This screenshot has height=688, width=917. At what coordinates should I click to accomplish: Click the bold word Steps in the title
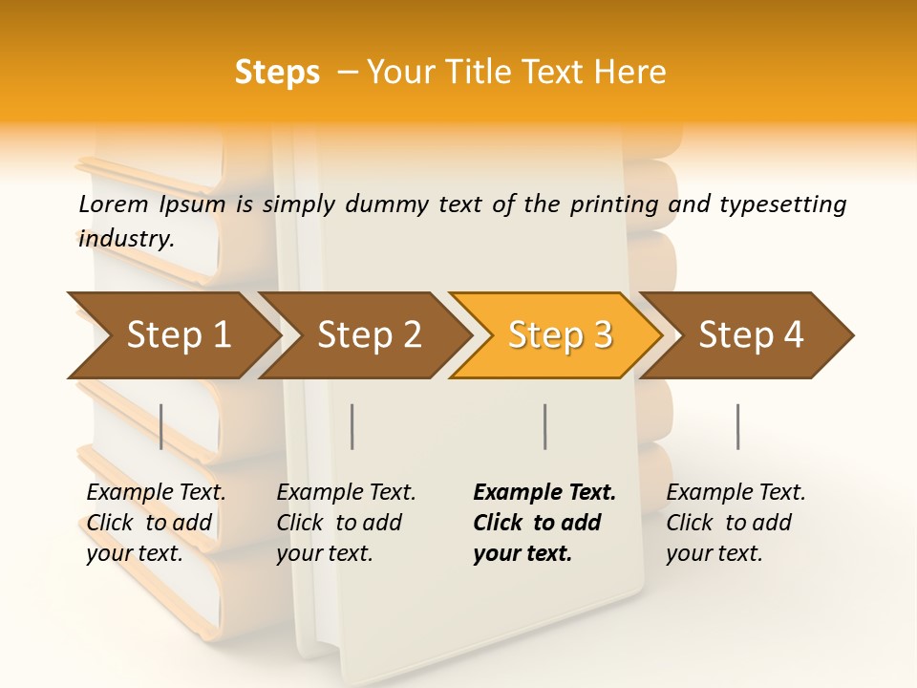(x=277, y=73)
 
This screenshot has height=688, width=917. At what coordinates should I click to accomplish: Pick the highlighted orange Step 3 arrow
(x=560, y=335)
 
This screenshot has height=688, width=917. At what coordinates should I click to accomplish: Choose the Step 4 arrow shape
(x=751, y=335)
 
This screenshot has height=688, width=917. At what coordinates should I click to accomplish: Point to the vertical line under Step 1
(x=161, y=426)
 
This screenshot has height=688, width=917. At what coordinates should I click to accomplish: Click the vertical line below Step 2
(x=352, y=426)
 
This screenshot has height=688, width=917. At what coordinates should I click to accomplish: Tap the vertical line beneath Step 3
(x=544, y=426)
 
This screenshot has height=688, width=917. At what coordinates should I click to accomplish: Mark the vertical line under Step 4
(x=738, y=426)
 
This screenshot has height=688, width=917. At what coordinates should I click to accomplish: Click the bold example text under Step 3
(x=544, y=523)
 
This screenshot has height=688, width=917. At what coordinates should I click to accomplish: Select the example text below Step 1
(x=155, y=523)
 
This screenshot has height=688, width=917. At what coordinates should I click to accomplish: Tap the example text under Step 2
(x=345, y=523)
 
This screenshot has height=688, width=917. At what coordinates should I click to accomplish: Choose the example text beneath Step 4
(x=735, y=523)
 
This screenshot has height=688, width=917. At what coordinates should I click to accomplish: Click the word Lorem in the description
(x=113, y=204)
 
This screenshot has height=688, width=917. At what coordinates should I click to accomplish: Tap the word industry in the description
(x=124, y=238)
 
